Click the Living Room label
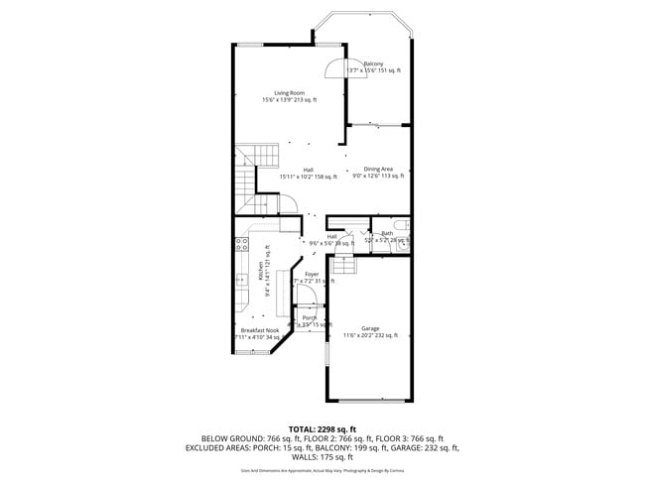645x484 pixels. point(289,93)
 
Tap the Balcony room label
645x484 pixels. point(373,63)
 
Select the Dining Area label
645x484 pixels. point(378,169)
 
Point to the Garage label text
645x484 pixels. point(370,328)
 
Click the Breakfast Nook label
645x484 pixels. point(257,330)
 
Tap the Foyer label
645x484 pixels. point(312,274)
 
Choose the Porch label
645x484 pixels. point(310,317)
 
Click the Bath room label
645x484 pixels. point(387,233)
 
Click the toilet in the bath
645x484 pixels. point(407,237)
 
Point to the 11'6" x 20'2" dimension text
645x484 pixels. point(370,335)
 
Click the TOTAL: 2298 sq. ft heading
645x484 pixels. point(322,427)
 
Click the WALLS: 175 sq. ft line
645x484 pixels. point(322,457)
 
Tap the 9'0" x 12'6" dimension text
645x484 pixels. point(378,176)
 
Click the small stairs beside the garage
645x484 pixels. point(343,266)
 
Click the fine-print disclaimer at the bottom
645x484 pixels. point(322,471)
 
